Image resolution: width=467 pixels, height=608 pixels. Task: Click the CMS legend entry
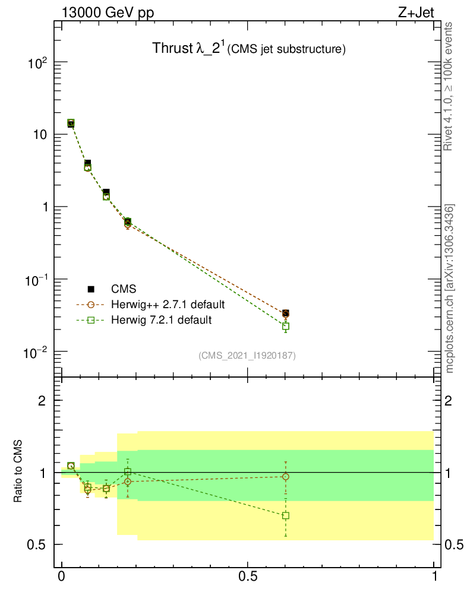click(124, 289)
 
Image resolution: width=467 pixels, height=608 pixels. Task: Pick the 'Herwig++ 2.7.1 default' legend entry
click(167, 305)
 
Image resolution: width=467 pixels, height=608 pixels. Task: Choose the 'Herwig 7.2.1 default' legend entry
click(161, 321)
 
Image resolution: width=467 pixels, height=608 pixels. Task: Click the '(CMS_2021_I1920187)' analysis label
click(247, 356)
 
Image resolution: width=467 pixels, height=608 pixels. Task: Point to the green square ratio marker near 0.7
click(286, 515)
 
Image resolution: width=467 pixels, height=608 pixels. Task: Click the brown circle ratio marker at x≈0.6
click(286, 476)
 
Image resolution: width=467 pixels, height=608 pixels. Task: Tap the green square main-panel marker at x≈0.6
click(286, 326)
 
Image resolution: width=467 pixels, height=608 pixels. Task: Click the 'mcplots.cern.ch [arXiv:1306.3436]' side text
click(450, 289)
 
